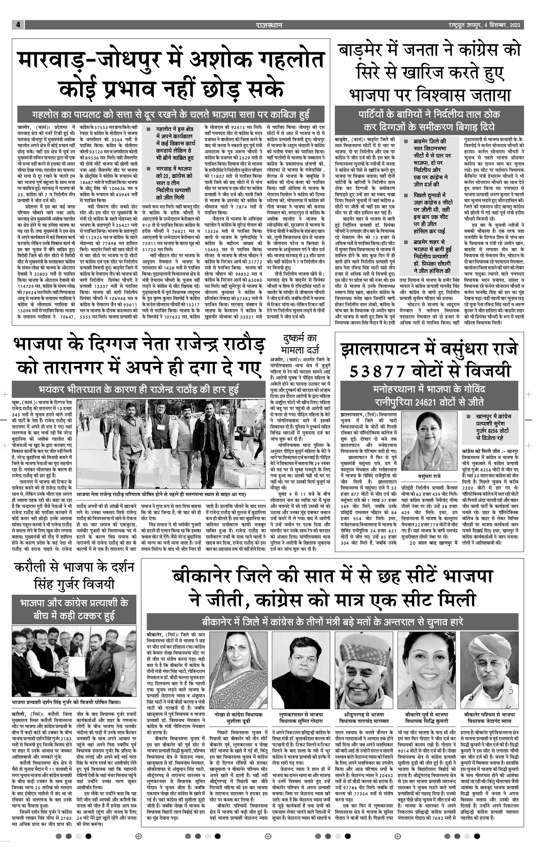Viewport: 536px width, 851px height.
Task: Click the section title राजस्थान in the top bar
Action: pyautogui.click(x=269, y=25)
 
